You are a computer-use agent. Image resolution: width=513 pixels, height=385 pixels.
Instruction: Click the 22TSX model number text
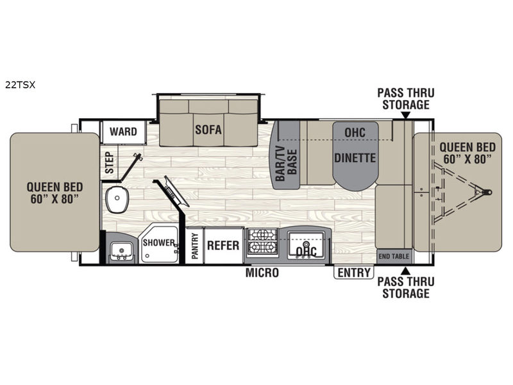click(x=20, y=85)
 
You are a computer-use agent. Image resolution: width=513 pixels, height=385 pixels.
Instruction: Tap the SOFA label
click(x=208, y=130)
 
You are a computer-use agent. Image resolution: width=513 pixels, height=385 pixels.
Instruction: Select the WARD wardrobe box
click(x=123, y=132)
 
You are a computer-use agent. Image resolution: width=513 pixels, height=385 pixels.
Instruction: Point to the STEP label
click(x=110, y=163)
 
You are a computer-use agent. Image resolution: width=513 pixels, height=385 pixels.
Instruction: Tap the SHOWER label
click(x=158, y=243)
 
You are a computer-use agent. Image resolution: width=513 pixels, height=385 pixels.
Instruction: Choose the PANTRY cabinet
click(x=195, y=245)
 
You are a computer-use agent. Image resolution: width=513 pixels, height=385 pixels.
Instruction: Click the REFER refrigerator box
click(x=223, y=245)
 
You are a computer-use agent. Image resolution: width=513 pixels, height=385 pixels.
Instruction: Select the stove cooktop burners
click(x=263, y=241)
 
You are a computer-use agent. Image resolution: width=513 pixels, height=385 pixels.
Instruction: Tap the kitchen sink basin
click(x=306, y=244)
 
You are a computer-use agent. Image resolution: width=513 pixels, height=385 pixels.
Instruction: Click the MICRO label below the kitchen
click(x=262, y=272)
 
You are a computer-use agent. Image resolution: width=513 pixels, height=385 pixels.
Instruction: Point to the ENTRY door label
click(x=354, y=272)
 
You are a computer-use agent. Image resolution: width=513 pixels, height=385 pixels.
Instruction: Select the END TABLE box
click(x=394, y=256)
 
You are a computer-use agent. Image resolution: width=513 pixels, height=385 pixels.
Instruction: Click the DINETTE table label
click(x=355, y=158)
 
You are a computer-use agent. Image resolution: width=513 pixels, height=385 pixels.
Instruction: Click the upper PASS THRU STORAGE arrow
click(x=405, y=116)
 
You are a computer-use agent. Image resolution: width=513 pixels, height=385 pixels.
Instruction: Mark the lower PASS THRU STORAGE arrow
click(x=405, y=270)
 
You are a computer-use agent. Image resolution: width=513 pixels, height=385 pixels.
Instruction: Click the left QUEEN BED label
click(x=55, y=193)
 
